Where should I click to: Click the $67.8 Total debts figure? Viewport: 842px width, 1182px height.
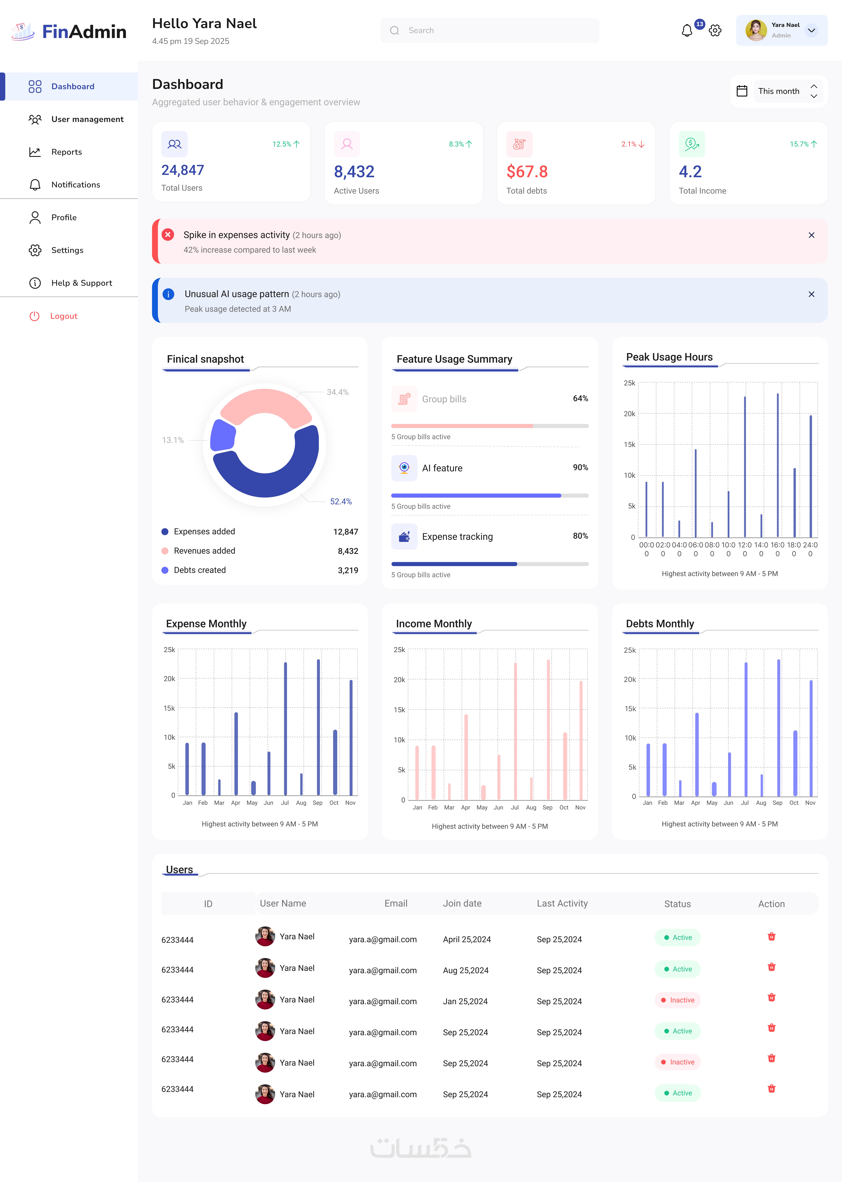pos(527,172)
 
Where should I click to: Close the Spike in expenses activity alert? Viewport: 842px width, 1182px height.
pos(811,235)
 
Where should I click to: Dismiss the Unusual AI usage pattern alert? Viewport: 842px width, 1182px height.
pos(811,294)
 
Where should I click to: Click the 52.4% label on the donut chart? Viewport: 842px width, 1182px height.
pos(341,502)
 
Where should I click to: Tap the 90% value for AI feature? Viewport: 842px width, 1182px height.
pos(580,467)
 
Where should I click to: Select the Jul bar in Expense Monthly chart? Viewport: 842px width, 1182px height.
pos(285,729)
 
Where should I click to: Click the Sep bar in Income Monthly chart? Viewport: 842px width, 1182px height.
pos(548,730)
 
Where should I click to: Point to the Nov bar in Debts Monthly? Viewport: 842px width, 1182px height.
pos(811,738)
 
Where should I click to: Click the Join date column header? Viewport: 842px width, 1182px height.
pos(462,903)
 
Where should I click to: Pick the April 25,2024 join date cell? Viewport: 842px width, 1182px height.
pos(467,939)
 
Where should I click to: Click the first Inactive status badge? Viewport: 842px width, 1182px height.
pos(678,1000)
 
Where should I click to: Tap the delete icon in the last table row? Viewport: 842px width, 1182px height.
pos(772,1089)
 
